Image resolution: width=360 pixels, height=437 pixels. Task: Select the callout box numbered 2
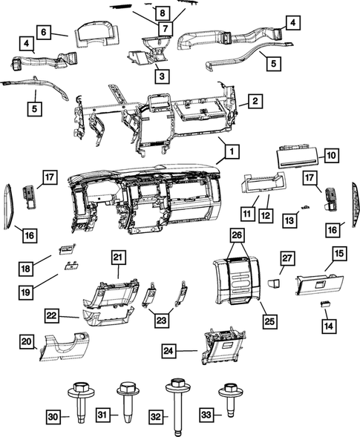[254, 100]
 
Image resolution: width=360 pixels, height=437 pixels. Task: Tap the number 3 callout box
[161, 75]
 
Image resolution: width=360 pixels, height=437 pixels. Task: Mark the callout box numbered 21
[117, 257]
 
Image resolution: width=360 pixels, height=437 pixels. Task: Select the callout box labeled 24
[168, 349]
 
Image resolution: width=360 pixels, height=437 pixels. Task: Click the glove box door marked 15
[316, 283]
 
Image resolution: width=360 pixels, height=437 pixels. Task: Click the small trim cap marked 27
[273, 283]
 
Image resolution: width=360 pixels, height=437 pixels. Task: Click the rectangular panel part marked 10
[297, 157]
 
